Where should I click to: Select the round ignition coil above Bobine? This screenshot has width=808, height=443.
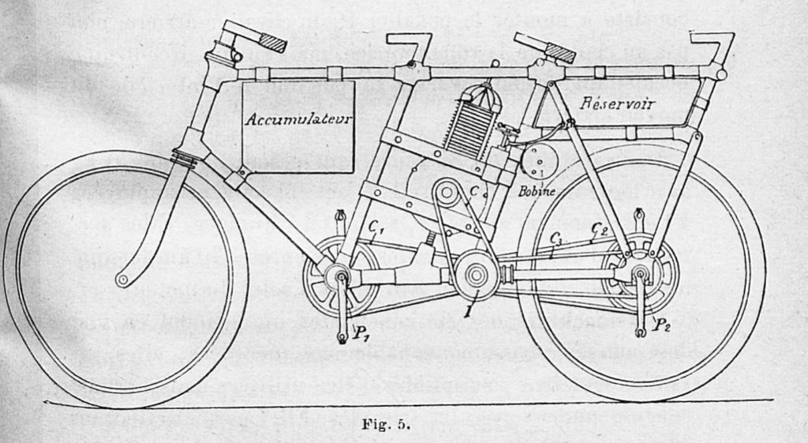(540, 163)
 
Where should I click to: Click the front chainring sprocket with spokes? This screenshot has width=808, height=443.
(341, 276)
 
